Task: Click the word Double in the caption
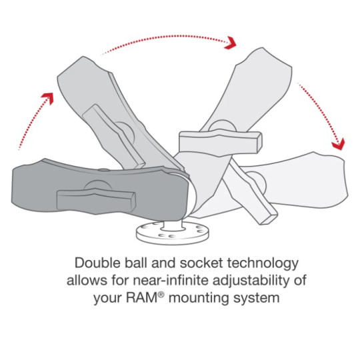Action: (97, 263)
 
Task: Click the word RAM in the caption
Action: (141, 298)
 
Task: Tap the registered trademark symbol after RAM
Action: (161, 295)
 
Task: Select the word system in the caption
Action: (257, 299)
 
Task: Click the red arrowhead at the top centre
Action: (230, 43)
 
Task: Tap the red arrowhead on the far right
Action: (339, 145)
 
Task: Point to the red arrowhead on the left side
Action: (48, 98)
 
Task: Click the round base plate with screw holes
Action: (173, 234)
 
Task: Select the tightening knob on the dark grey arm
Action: (96, 200)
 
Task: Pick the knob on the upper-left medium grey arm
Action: (113, 137)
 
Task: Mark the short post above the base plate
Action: (173, 225)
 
